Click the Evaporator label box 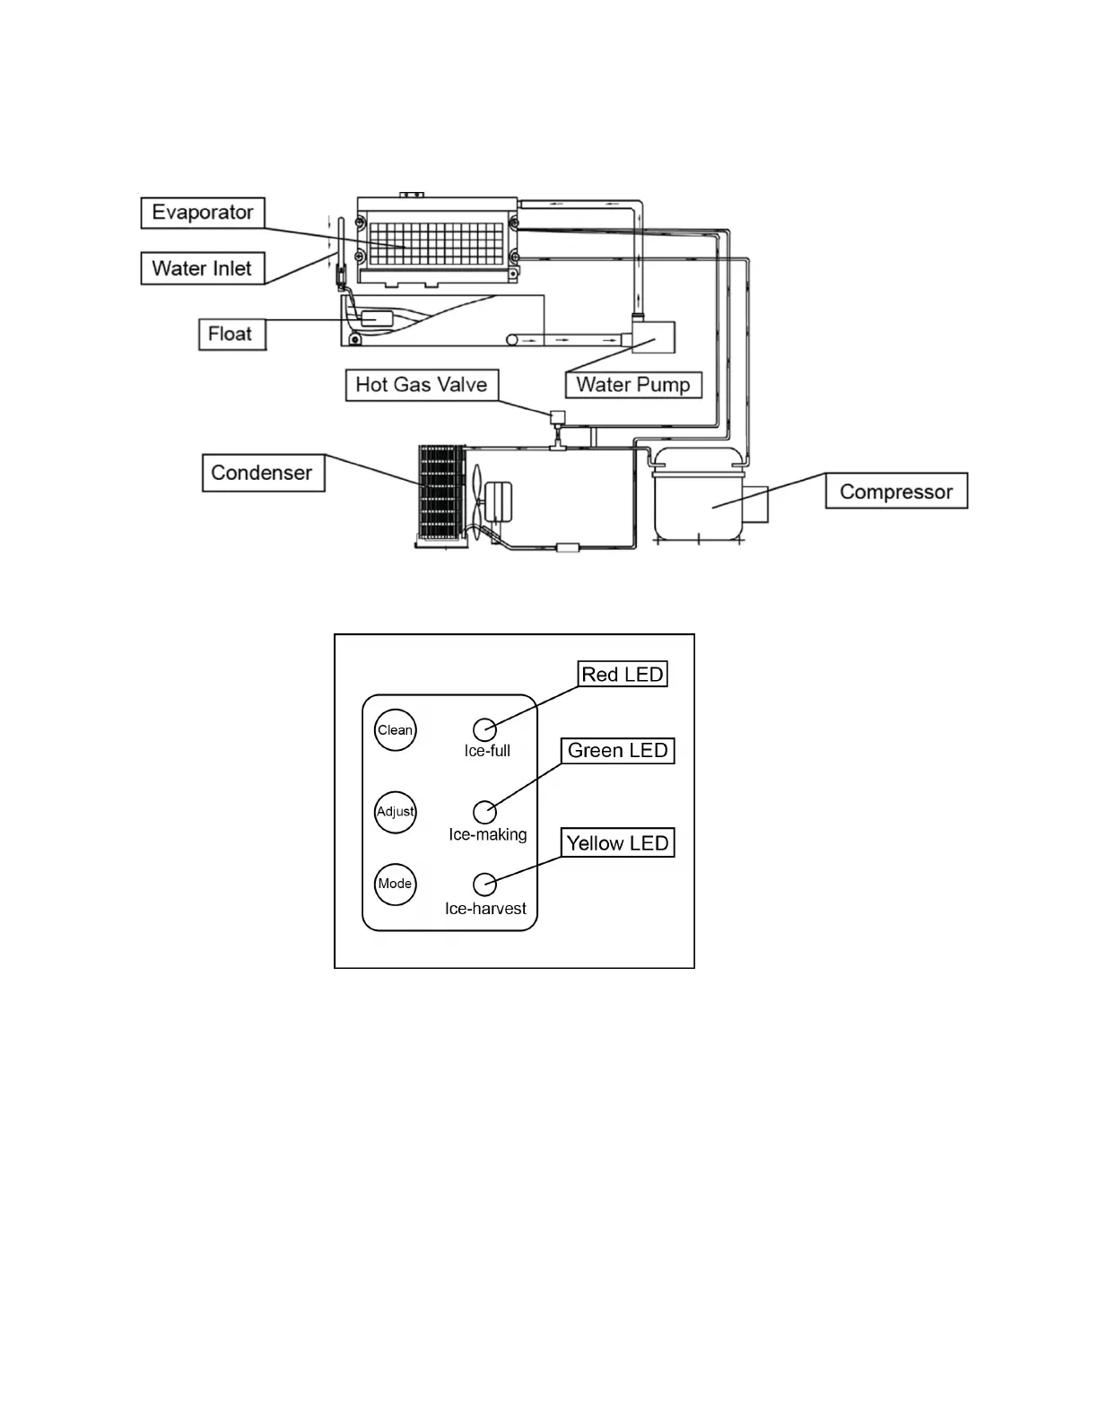203,213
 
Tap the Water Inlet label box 203,268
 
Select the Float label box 231,334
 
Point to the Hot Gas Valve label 422,385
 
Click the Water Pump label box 633,385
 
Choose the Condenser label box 262,473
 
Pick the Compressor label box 896,492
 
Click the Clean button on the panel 395,730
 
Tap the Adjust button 395,812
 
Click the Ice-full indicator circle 484,729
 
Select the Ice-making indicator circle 484,812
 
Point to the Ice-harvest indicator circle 484,885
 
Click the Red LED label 623,675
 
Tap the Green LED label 618,751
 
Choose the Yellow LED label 618,843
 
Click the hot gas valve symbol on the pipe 557,418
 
